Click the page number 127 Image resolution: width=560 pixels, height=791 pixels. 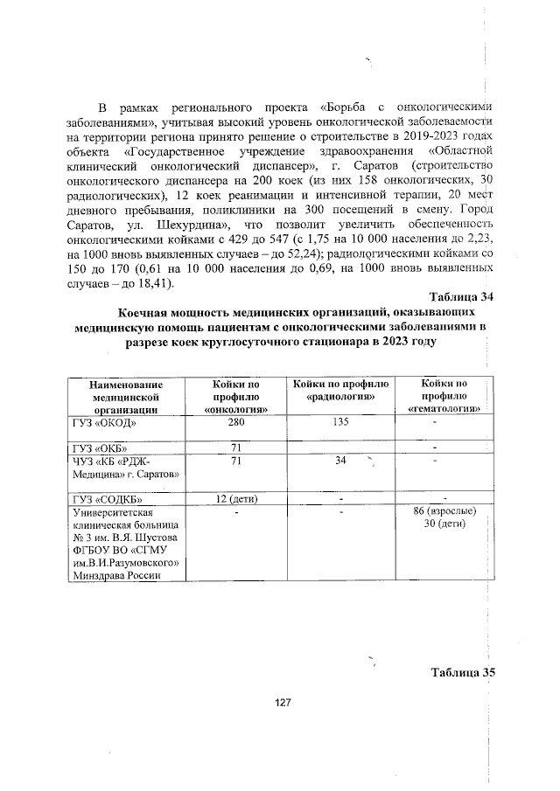tap(282, 702)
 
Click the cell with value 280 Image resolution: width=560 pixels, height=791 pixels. tap(236, 422)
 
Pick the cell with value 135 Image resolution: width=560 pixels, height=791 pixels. tap(340, 422)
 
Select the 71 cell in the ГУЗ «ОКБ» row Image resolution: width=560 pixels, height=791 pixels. tap(236, 448)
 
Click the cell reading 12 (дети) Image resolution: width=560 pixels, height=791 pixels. tap(236, 499)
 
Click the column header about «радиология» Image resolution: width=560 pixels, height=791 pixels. tap(339, 390)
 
